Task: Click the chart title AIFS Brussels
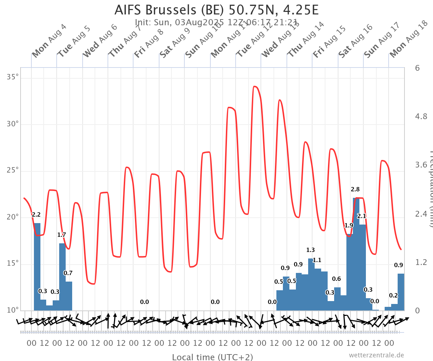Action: (x=216, y=10)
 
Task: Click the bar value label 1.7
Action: (x=62, y=235)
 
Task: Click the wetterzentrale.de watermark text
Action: (x=376, y=355)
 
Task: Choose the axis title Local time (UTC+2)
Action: (x=212, y=357)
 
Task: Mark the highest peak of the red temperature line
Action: (x=255, y=86)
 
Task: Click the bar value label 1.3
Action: (x=310, y=250)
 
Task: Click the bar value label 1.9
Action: (x=349, y=225)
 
